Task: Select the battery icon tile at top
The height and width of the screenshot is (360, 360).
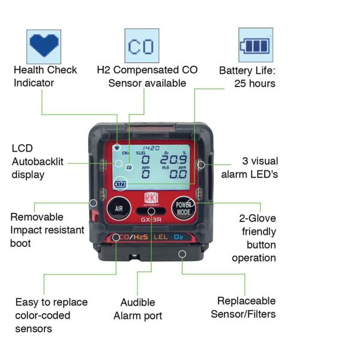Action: pyautogui.click(x=255, y=45)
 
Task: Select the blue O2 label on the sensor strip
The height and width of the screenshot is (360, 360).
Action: pyautogui.click(x=179, y=238)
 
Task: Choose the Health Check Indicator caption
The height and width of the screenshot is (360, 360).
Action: pyautogui.click(x=46, y=76)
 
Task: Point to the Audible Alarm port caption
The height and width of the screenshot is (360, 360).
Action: pyautogui.click(x=142, y=309)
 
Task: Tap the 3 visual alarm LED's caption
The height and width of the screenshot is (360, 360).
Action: pyautogui.click(x=253, y=167)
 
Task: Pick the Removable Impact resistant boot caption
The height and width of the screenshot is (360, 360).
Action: pyautogui.click(x=45, y=230)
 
